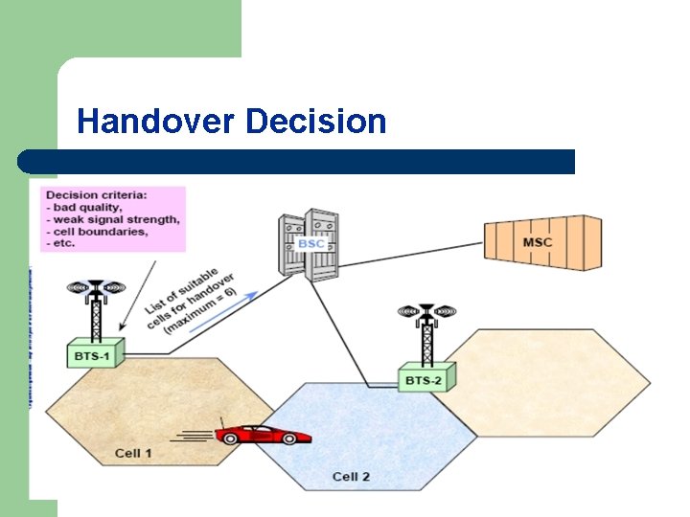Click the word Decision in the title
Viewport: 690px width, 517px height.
pos(315,122)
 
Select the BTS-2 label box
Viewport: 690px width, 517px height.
pos(425,379)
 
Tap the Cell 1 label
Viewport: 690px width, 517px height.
pos(133,453)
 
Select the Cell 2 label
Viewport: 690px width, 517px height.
pos(351,476)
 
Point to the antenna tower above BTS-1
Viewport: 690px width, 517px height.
pos(95,306)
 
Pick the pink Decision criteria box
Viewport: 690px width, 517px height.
pos(113,219)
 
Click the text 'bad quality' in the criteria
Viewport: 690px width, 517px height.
pos(90,208)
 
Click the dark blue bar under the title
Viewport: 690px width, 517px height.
pos(297,162)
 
